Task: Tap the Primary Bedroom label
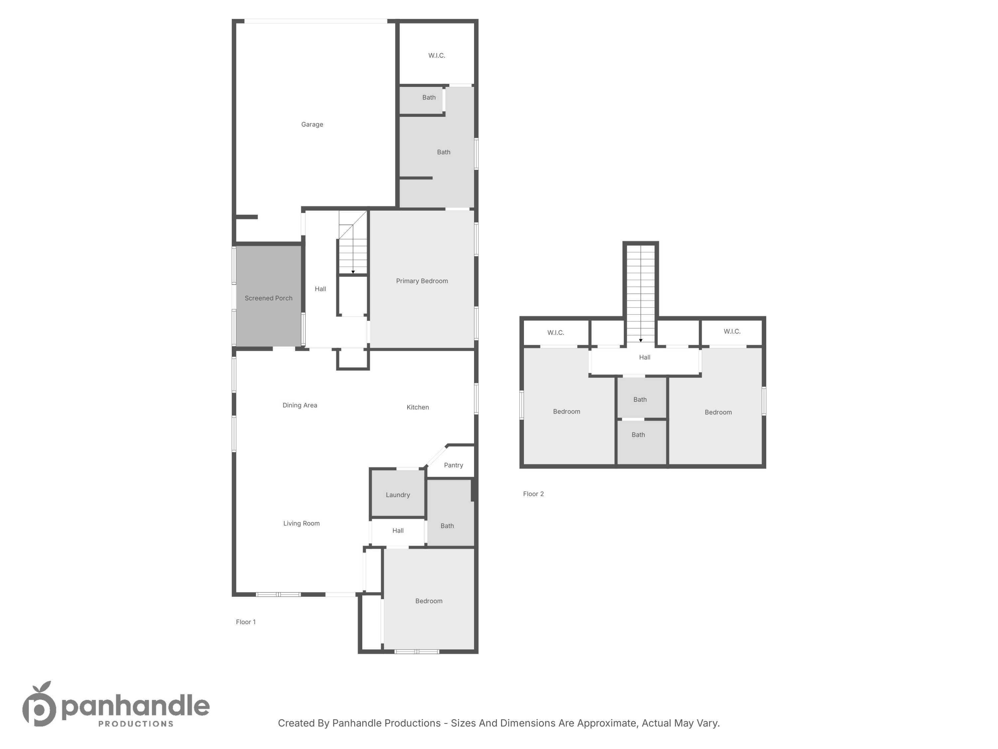[422, 281]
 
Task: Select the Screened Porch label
[268, 298]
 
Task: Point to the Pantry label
[453, 465]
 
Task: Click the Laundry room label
[398, 495]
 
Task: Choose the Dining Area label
[300, 405]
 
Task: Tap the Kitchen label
[417, 407]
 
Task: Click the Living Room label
[301, 523]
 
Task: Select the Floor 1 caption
[246, 622]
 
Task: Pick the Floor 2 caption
[533, 494]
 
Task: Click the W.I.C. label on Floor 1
[436, 56]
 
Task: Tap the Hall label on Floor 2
[644, 358]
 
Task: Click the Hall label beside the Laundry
[398, 531]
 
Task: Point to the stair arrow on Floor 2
[641, 341]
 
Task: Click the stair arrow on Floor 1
[353, 272]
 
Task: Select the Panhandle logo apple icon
[40, 705]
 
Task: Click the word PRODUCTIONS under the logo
[136, 724]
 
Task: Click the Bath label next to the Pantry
[447, 526]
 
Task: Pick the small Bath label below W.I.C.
[428, 98]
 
